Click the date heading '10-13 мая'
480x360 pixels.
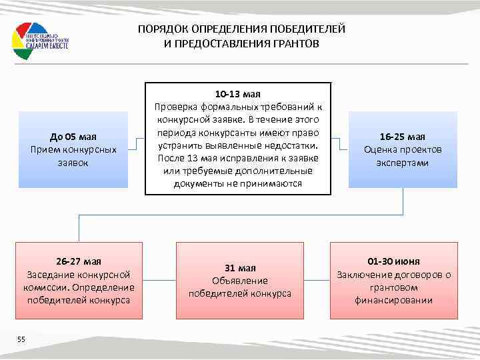pos(238,94)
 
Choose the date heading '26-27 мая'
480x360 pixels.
pos(79,262)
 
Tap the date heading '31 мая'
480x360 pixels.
pos(239,268)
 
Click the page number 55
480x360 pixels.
pos(21,322)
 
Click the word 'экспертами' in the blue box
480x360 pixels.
pos(402,162)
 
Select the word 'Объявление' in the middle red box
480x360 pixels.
pos(239,281)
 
